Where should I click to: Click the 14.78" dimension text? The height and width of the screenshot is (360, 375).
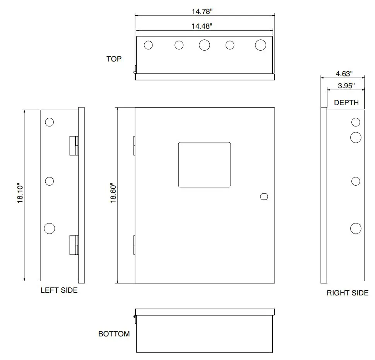[x=202, y=12]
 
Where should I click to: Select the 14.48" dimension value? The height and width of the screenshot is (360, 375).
[x=202, y=26]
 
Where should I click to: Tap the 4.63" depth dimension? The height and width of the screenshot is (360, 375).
[x=344, y=73]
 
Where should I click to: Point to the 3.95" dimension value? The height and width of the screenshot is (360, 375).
[x=346, y=86]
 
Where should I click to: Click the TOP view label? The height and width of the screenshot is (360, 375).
[x=114, y=59]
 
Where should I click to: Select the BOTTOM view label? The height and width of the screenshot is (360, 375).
[x=114, y=334]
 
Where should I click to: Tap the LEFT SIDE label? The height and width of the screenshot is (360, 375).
[x=59, y=290]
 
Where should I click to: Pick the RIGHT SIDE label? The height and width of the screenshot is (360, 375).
[x=348, y=293]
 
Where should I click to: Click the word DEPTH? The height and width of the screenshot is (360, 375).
[x=346, y=102]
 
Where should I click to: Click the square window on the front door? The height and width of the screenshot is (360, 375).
[x=204, y=165]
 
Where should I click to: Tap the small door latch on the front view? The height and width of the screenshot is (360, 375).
[x=264, y=196]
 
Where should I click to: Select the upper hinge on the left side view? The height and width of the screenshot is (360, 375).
[x=74, y=145]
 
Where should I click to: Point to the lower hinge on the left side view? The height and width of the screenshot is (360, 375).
[x=74, y=245]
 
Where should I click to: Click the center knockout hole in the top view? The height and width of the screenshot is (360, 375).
[x=204, y=45]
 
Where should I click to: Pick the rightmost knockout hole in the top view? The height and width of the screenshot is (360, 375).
[x=261, y=45]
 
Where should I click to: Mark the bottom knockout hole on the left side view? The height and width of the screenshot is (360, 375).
[x=50, y=228]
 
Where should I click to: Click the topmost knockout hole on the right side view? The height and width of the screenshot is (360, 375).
[x=356, y=123]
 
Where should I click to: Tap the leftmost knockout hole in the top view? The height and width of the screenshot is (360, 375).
[x=148, y=45]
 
